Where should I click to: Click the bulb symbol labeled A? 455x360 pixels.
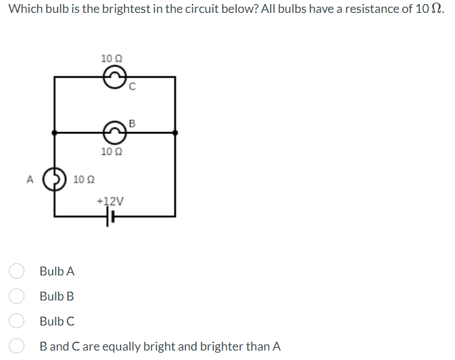point(54,179)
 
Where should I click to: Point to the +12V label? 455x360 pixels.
point(110,201)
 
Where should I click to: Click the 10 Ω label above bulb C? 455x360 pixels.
point(111,58)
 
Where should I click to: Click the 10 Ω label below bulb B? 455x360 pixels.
point(111,152)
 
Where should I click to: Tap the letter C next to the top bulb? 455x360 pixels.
point(133,86)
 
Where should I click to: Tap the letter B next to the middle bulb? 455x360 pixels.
point(132,123)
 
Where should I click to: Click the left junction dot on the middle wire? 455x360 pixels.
point(54,133)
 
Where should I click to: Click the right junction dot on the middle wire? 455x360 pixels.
point(176,133)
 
